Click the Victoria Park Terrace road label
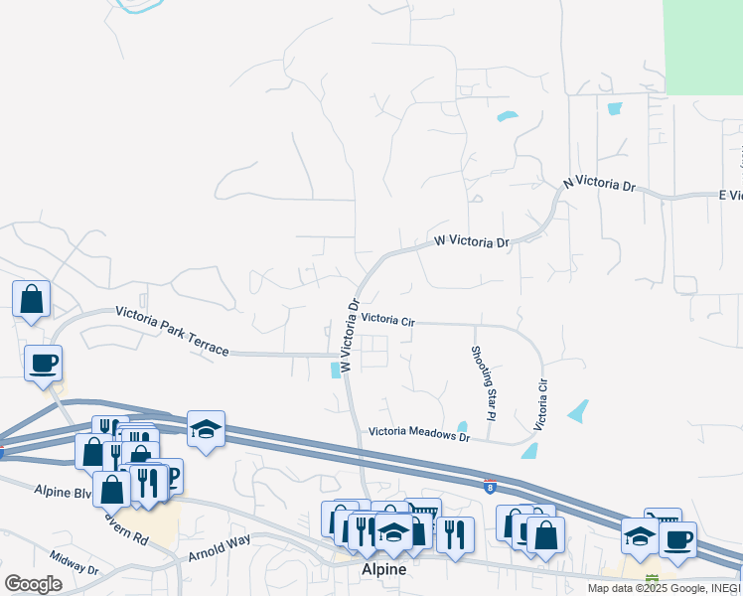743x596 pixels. coord(172,331)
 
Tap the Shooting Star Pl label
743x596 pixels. coord(483,382)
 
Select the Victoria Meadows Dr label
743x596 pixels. coord(418,432)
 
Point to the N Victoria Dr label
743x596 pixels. coord(598,184)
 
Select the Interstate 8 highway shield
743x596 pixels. coord(490,487)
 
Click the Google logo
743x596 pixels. coord(33,584)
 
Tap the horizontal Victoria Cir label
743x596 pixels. coord(387,320)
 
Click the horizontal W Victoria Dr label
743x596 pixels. coord(471,242)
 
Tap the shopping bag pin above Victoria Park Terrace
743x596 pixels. coord(31,299)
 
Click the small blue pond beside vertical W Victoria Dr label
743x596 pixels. coord(333,371)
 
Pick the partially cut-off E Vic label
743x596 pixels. coord(730,195)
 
